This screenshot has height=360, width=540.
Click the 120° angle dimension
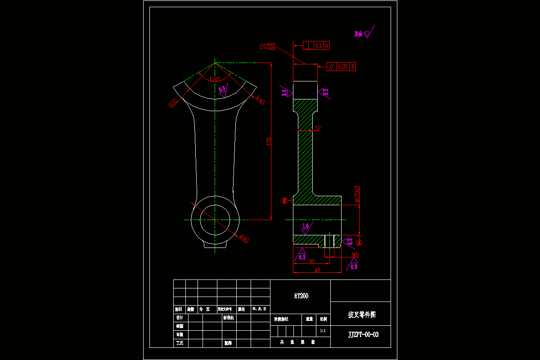tap(216, 79)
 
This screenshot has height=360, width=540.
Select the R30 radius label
tap(173, 103)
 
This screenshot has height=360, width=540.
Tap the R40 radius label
tap(260, 100)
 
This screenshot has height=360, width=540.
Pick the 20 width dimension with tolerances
tap(268, 46)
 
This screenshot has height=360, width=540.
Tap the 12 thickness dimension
tap(317, 128)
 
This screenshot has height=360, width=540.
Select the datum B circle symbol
tap(284, 201)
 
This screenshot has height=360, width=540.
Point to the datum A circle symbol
tap(359, 242)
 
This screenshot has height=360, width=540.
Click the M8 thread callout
tap(355, 255)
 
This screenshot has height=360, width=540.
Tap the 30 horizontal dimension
tap(311, 261)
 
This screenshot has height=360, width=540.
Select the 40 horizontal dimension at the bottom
tap(317, 270)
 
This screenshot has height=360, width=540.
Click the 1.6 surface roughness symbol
tap(306, 226)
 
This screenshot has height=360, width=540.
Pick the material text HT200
tap(301, 296)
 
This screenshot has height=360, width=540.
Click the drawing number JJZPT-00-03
tap(363, 334)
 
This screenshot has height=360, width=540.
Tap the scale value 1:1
tap(323, 331)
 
